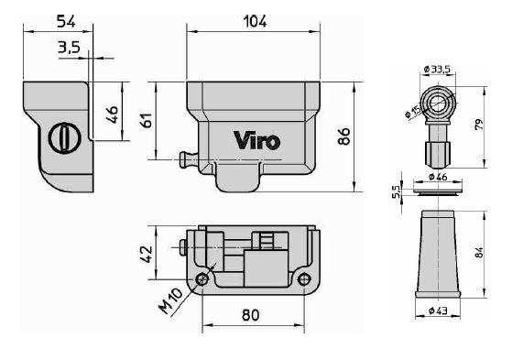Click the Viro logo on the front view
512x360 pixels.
(x=257, y=140)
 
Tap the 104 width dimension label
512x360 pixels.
(x=256, y=22)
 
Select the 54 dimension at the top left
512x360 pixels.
(x=66, y=21)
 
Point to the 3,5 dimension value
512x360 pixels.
(x=69, y=47)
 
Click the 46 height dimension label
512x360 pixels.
(x=113, y=114)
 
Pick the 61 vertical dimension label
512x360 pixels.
(x=147, y=120)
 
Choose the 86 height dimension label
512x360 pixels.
(x=343, y=136)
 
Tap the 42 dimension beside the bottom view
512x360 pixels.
(x=147, y=254)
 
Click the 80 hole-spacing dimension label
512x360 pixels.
(x=251, y=315)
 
